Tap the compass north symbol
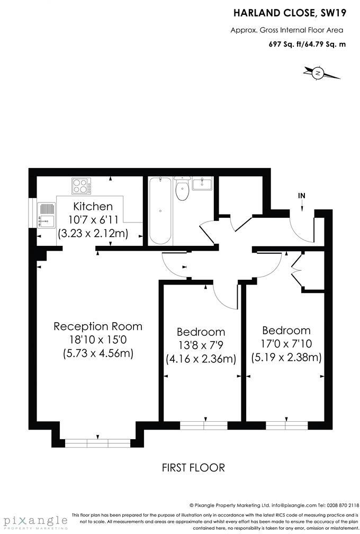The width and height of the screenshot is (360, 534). pos(318,73)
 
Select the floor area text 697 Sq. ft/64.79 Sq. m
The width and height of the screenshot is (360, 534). pos(307,44)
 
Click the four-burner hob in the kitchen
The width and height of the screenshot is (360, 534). pos(81,186)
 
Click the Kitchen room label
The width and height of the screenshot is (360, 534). pos(93,206)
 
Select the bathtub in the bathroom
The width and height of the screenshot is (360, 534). pos(160,210)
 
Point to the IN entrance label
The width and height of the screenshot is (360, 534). pos(302,196)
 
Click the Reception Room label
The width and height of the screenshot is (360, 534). pos(98,326)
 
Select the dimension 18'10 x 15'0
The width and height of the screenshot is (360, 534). pos(98,340)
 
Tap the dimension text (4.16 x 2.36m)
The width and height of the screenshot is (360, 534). pos(201,359)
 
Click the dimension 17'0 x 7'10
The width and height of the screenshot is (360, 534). pos(286,344)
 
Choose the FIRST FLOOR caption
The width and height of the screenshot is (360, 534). pos(193,467)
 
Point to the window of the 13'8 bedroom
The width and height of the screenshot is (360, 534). pos(203,424)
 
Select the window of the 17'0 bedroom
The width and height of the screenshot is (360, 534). pos(286,424)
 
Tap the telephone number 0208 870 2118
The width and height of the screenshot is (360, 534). pos(339,505)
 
